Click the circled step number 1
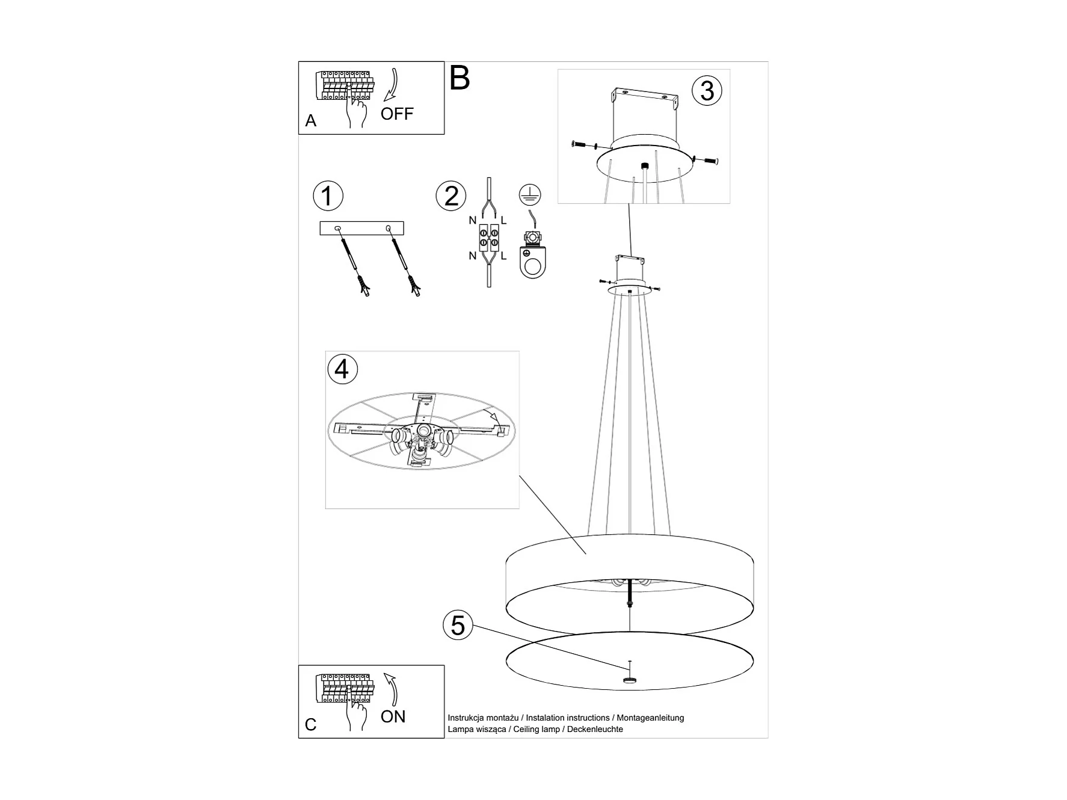click(x=328, y=196)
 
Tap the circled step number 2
click(x=451, y=196)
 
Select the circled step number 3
click(x=707, y=90)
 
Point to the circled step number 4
click(x=342, y=369)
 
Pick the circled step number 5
click(x=458, y=626)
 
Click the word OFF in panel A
click(x=397, y=114)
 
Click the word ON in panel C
click(x=393, y=716)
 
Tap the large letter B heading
click(x=460, y=78)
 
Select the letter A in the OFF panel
click(x=310, y=121)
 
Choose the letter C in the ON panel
click(x=310, y=725)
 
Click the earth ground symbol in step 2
click(x=530, y=194)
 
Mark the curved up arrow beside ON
click(x=392, y=689)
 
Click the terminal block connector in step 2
click(x=488, y=239)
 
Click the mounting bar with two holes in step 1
click(x=361, y=228)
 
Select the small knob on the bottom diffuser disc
click(x=629, y=680)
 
